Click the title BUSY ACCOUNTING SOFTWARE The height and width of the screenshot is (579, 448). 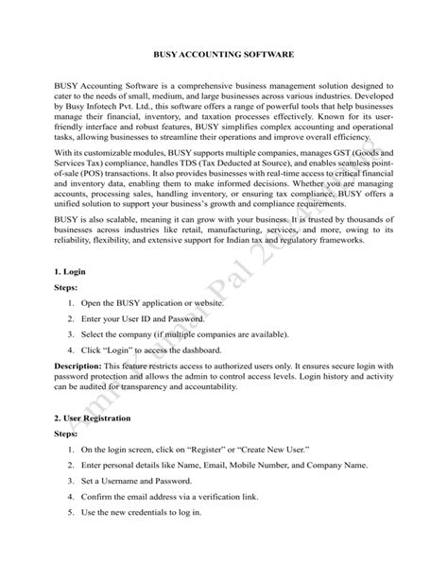pyautogui.click(x=224, y=57)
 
